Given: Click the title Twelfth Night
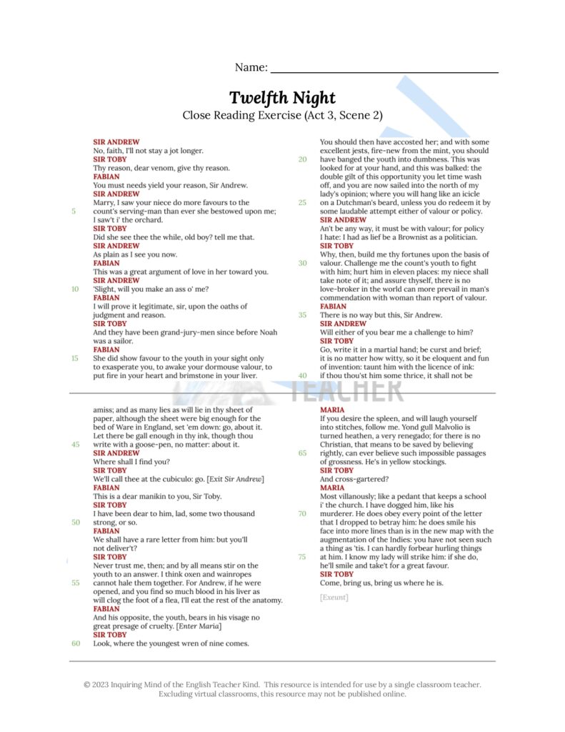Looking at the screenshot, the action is pos(282,98).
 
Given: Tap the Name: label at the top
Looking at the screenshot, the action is pos(251,68).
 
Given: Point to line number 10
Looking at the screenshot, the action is pos(75,289).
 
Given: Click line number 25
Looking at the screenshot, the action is pos(302,202).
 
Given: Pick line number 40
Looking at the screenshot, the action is pos(302,375).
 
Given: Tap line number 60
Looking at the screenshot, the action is pos(75,643).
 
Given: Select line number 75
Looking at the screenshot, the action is pos(302,556).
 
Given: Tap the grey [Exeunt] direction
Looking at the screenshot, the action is pos(334,597).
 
